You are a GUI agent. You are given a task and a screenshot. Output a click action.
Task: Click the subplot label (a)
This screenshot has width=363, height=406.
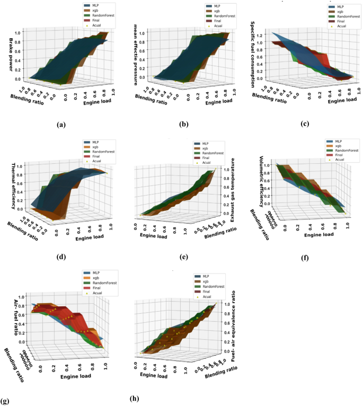[61, 125]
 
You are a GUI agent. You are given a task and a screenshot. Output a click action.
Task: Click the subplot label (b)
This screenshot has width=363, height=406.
[183, 125]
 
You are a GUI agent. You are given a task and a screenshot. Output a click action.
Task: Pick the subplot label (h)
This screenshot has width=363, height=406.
[136, 397]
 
